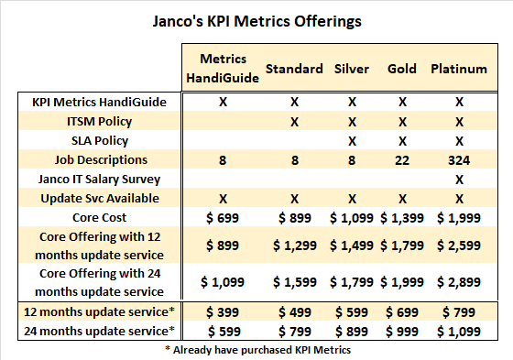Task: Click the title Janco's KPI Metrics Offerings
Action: (x=256, y=20)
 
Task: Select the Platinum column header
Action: (x=458, y=69)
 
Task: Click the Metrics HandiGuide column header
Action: (x=223, y=69)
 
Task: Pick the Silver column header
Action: (x=351, y=69)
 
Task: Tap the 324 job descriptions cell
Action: (x=458, y=159)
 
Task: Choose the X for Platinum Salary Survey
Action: (x=458, y=179)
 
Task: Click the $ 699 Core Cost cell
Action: (x=223, y=216)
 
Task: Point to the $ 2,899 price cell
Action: (x=458, y=282)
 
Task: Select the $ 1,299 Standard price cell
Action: (x=294, y=245)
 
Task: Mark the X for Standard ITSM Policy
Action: (x=294, y=121)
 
